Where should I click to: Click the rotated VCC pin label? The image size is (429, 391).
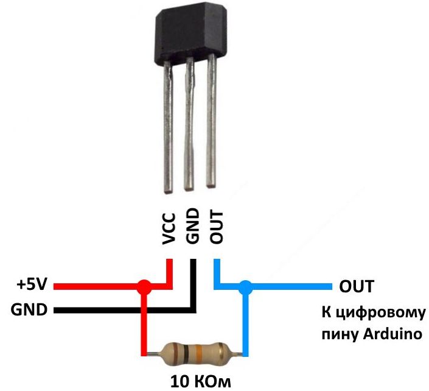[x=170, y=228]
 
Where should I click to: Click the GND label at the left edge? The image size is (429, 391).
[x=29, y=309]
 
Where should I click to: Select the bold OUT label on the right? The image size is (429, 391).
[x=357, y=286]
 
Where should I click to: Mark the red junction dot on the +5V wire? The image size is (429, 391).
[x=144, y=285]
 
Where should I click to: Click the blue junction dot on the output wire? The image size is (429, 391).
[x=245, y=285]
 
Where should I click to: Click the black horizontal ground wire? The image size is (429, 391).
[x=122, y=310]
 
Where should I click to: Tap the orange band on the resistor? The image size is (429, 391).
[x=198, y=352]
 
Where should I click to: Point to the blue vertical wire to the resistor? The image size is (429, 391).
[x=245, y=323]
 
